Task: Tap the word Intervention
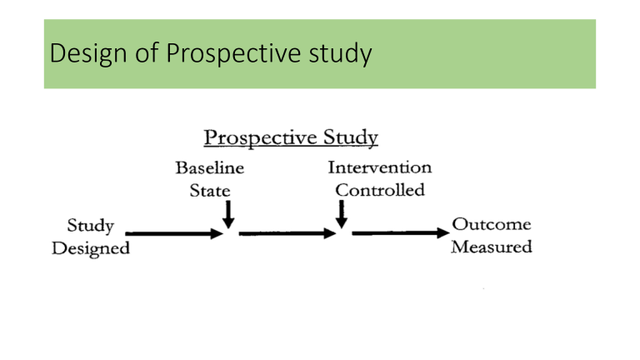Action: (380, 167)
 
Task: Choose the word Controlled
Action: (380, 190)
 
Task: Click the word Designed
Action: (91, 248)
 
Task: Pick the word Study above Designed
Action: (91, 225)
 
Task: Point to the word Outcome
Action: (491, 225)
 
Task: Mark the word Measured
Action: (491, 248)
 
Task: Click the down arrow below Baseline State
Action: (227, 215)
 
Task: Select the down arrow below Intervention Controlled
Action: (341, 215)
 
